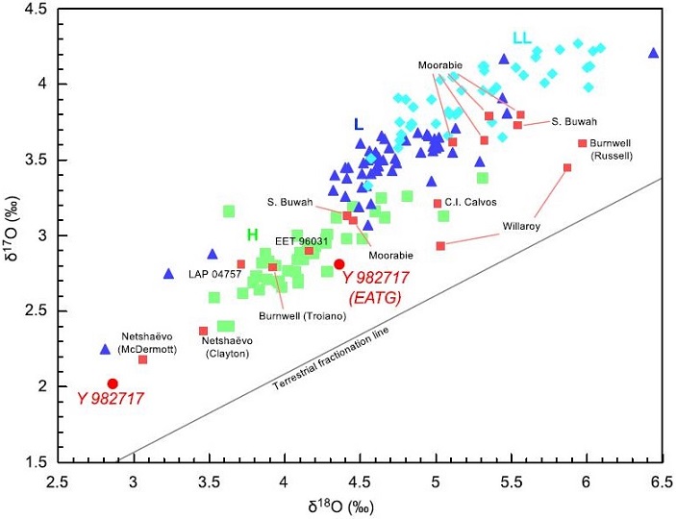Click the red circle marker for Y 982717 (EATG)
coord(338,264)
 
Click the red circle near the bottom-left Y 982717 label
coord(113,383)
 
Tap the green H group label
coord(252,235)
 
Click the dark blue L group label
coord(359,124)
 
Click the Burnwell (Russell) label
coord(603,149)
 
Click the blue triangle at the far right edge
coord(653,53)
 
